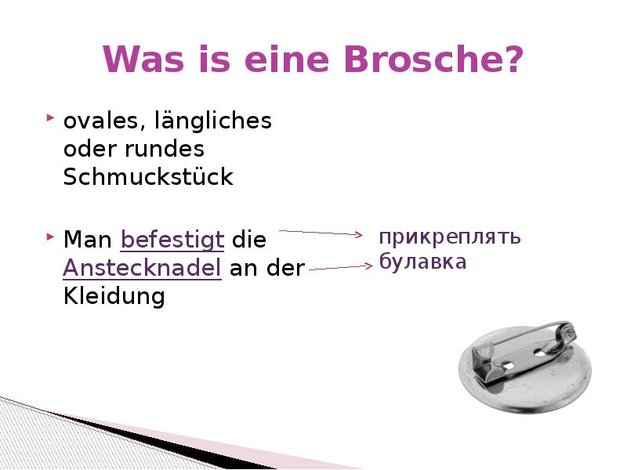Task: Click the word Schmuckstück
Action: click(148, 177)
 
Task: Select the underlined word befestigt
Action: click(173, 239)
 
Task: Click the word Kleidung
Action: click(114, 296)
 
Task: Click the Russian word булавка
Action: click(422, 262)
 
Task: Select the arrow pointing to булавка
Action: click(341, 268)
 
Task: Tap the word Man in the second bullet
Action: click(89, 239)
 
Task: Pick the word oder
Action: click(88, 149)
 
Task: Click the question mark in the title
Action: click(513, 60)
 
